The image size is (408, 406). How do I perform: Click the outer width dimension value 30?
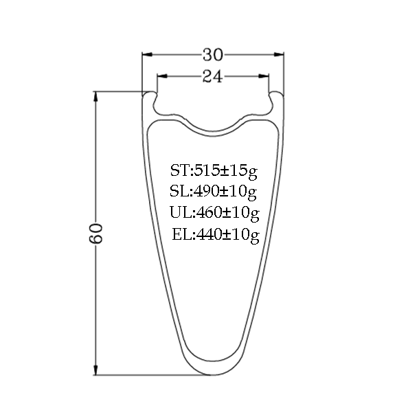tap(213, 55)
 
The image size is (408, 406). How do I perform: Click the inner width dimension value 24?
tap(213, 76)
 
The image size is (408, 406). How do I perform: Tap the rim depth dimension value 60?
tap(95, 233)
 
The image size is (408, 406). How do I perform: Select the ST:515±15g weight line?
tap(214, 171)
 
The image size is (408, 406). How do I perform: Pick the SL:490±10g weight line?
tap(213, 192)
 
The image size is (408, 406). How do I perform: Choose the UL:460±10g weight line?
tap(215, 213)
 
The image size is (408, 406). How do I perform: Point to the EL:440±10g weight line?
tap(216, 235)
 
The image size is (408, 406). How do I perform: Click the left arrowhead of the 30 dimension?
tap(147, 55)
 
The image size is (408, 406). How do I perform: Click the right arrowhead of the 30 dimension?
tap(279, 55)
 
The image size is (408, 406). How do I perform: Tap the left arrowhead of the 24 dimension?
tap(162, 76)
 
